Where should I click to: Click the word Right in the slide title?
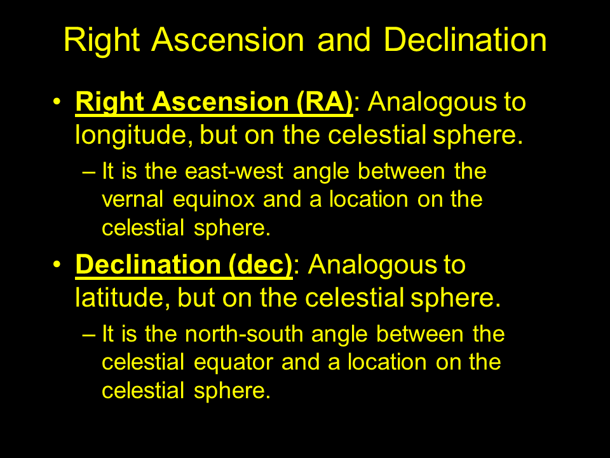[102, 41]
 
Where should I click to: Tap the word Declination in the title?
[465, 39]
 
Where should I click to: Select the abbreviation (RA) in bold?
[325, 102]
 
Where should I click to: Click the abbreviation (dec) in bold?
[261, 265]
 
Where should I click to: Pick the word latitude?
[123, 298]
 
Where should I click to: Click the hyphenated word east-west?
[234, 171]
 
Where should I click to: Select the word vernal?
[133, 199]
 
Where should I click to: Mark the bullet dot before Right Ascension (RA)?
[57, 101]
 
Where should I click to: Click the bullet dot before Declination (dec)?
[57, 264]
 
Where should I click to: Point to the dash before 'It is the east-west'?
[89, 172]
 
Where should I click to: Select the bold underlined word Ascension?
[220, 102]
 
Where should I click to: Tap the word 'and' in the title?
[344, 40]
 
